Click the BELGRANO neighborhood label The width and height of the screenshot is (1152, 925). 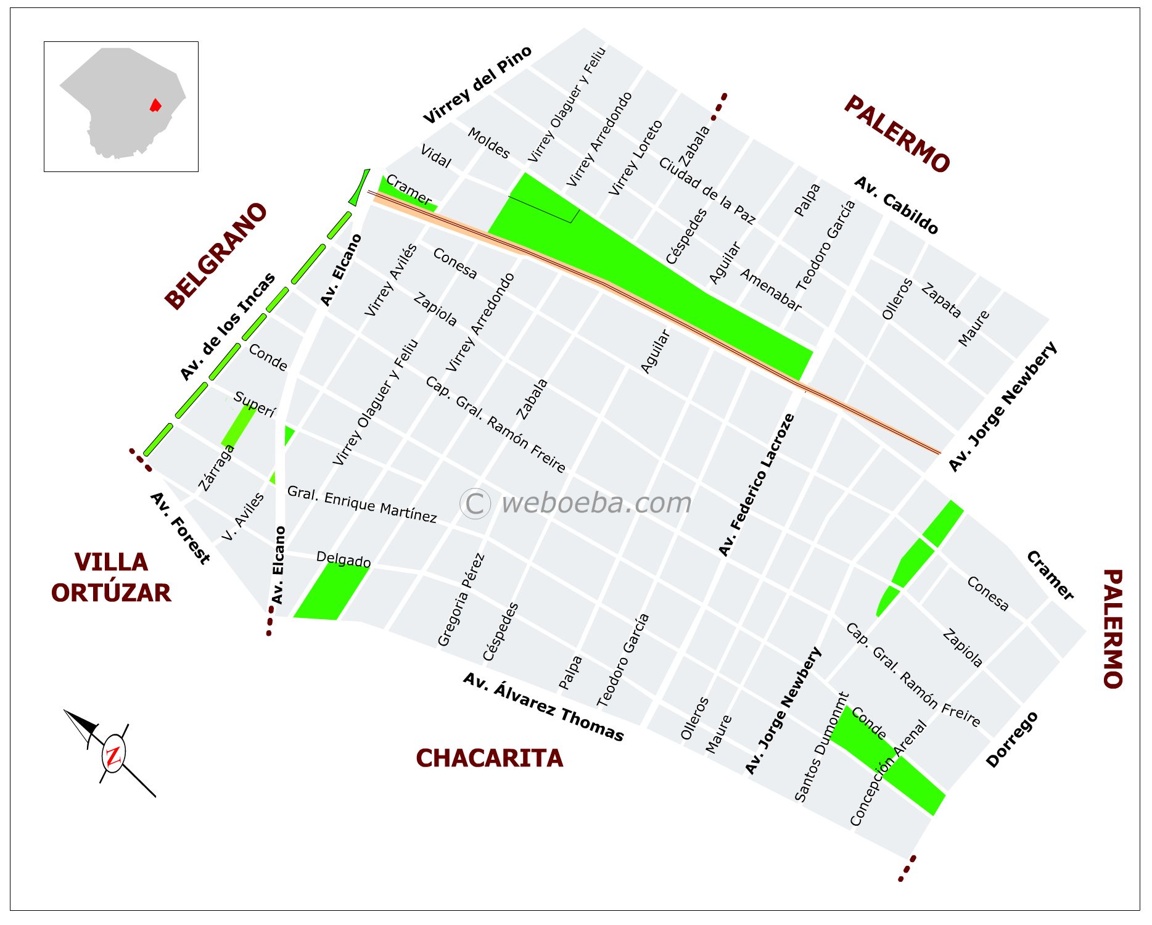(x=216, y=256)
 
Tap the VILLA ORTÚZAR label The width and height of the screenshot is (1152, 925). (x=111, y=578)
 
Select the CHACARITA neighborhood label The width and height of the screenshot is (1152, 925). (x=489, y=758)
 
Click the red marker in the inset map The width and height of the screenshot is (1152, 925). (x=155, y=105)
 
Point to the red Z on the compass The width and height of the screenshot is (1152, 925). (x=113, y=756)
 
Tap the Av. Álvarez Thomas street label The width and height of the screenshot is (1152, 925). (x=543, y=707)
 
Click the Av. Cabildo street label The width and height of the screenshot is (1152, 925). (x=896, y=205)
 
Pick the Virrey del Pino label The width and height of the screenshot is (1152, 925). (x=477, y=84)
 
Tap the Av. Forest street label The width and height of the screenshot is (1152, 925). (x=179, y=528)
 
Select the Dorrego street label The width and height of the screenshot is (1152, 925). (x=1011, y=739)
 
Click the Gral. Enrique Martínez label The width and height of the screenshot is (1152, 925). (x=362, y=504)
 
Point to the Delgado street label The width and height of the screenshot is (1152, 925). (x=343, y=559)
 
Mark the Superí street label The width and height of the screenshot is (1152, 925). (x=254, y=404)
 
